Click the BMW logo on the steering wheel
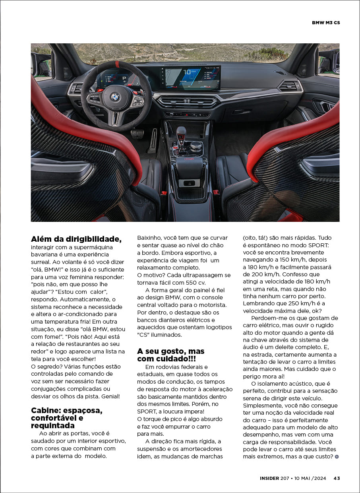click(115, 97)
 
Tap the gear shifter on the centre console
click(181, 135)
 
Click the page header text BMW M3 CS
click(326, 23)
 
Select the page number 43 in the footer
click(337, 478)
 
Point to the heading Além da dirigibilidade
click(76, 239)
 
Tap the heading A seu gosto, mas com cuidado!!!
click(171, 355)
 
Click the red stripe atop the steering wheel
click(117, 64)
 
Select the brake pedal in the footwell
click(137, 134)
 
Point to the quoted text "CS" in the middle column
click(143, 335)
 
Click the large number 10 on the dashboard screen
click(188, 72)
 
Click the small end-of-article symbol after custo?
click(337, 457)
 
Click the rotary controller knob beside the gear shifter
click(196, 146)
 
